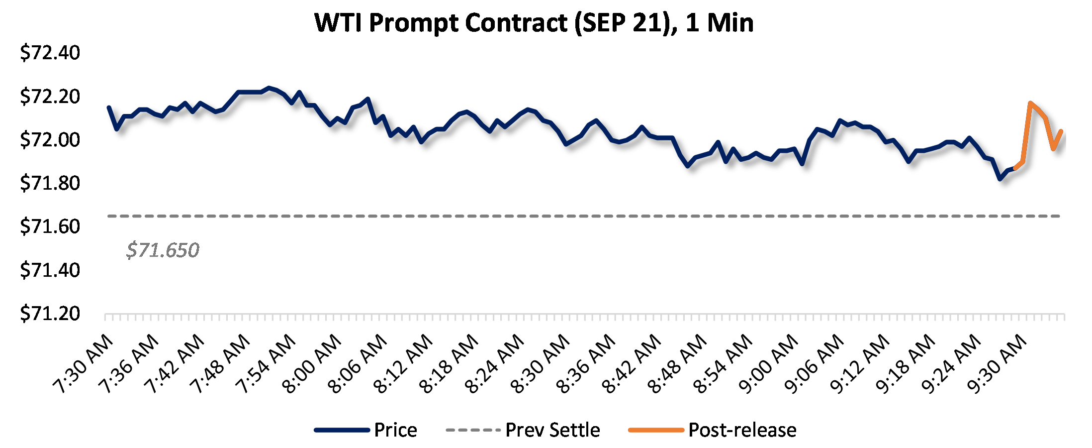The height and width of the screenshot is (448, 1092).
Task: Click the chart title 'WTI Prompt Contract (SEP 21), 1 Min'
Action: [x=534, y=23]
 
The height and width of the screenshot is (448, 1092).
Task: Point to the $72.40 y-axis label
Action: [x=50, y=53]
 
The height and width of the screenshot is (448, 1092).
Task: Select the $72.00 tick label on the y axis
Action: [x=50, y=140]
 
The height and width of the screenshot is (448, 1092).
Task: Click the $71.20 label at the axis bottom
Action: [x=50, y=314]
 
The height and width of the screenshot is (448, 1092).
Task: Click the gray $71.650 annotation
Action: [x=163, y=250]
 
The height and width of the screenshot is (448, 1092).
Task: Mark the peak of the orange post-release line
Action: [x=1030, y=103]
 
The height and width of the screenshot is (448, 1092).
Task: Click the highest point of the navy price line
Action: [x=269, y=88]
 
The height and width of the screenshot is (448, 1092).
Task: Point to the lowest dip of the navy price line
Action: [x=1000, y=179]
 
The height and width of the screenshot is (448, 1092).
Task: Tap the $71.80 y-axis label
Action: [x=50, y=183]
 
